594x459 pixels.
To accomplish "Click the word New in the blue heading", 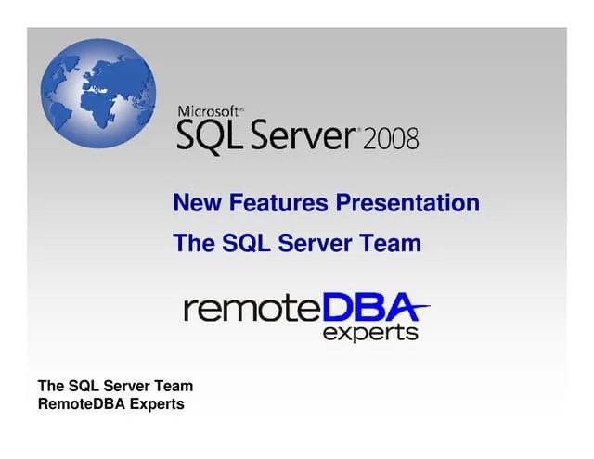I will (x=195, y=203).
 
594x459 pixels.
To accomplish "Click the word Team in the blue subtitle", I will (x=392, y=244).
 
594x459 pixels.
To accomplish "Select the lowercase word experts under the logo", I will (x=370, y=333).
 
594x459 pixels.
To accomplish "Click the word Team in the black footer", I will (x=172, y=386).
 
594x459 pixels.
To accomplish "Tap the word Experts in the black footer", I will (x=158, y=404).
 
